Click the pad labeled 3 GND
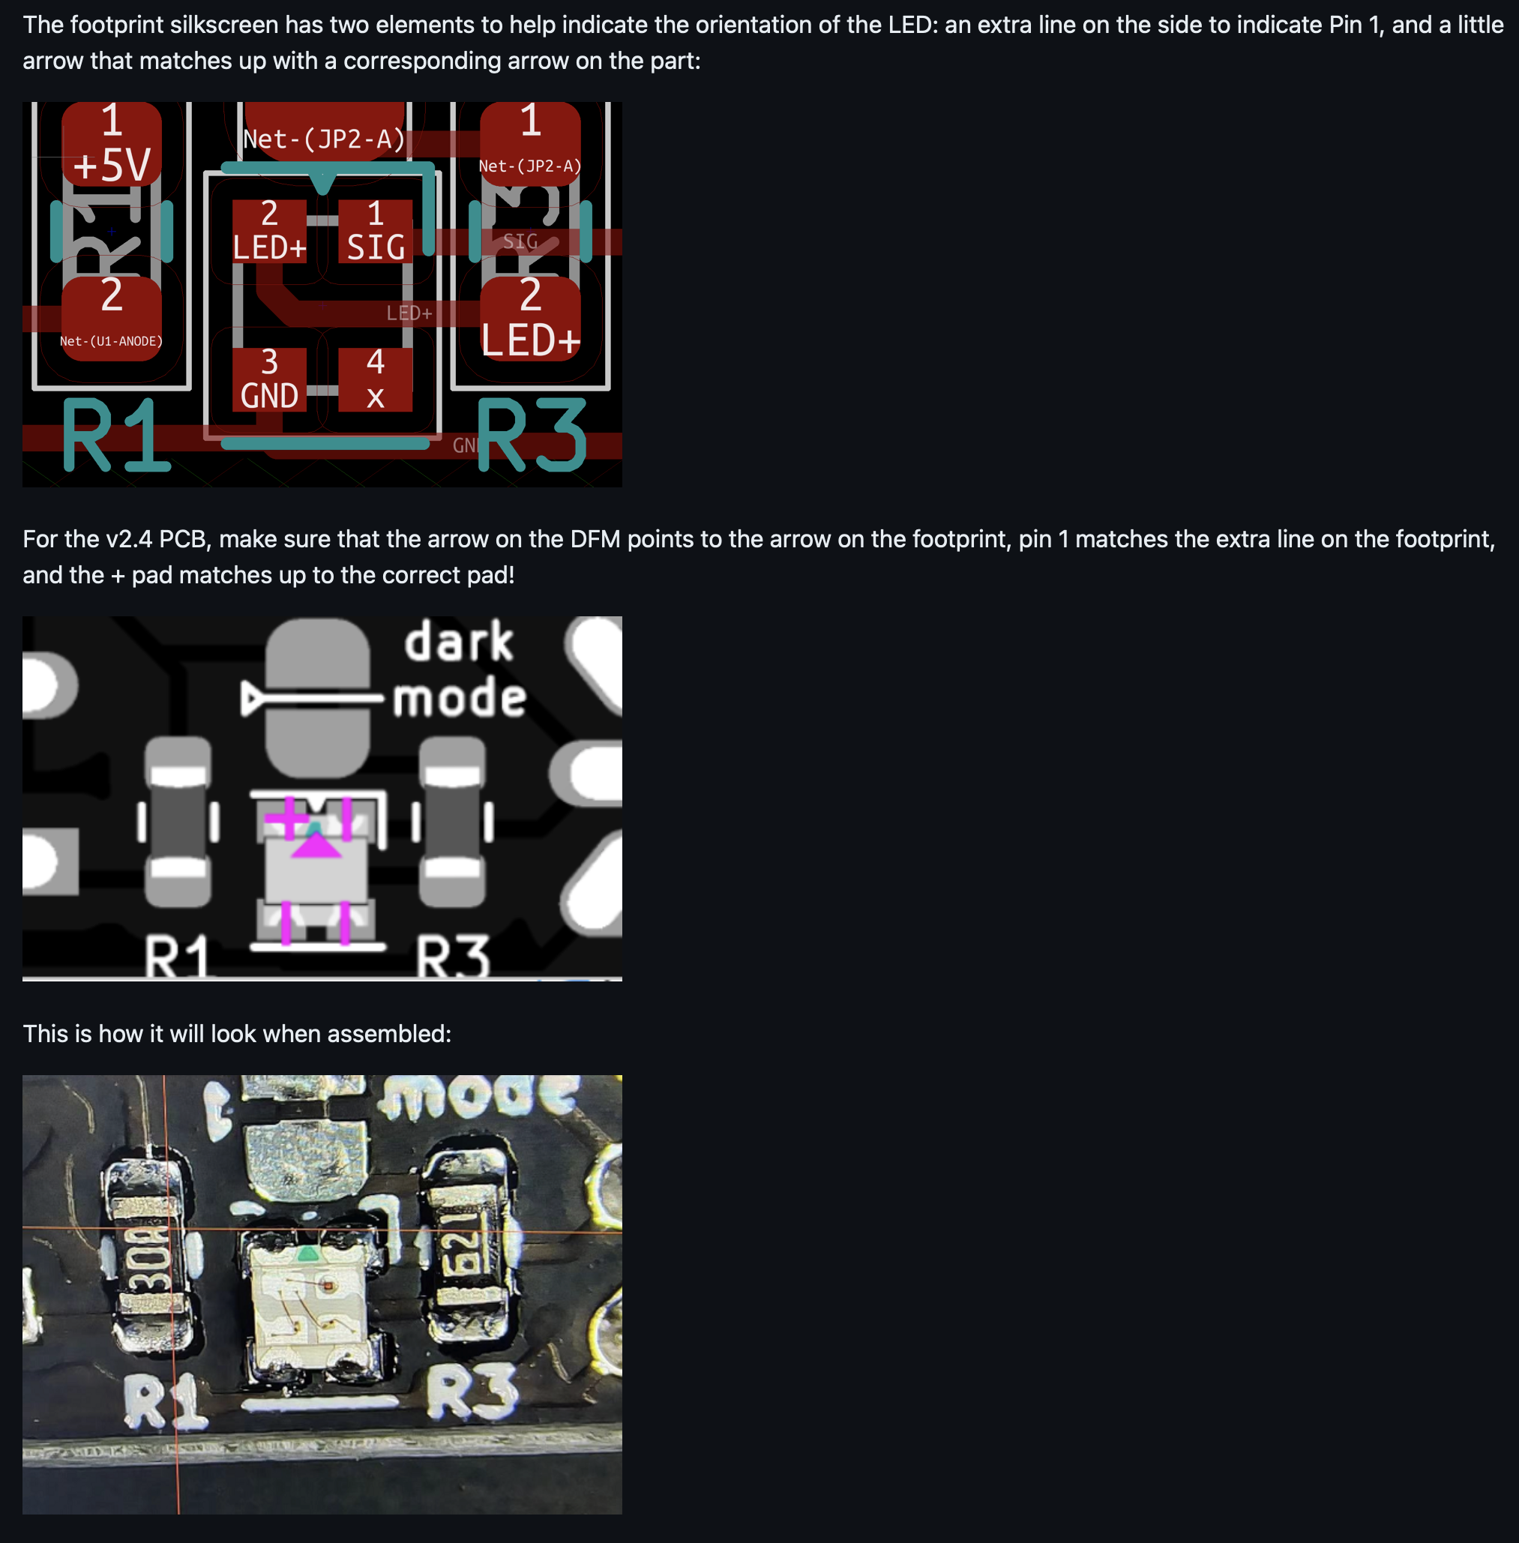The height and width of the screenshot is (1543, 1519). [269, 380]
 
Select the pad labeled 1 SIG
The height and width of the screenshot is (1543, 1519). [375, 232]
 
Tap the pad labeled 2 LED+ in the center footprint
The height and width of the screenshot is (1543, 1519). [269, 232]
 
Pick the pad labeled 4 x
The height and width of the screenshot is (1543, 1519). [375, 380]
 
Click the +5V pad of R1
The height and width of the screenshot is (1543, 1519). [112, 145]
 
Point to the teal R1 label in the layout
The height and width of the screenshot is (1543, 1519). [115, 436]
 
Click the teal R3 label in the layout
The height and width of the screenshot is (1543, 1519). [532, 436]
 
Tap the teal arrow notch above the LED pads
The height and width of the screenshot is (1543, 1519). [322, 183]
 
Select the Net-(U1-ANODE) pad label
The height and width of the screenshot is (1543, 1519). [112, 340]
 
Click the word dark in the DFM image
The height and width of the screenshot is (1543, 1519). [459, 643]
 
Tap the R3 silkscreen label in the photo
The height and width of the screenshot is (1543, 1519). [473, 1392]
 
